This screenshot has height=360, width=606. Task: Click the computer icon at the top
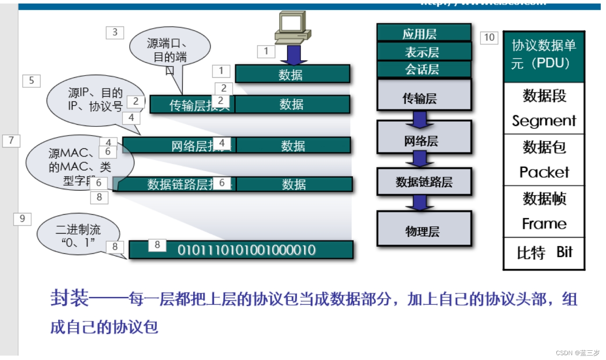[x=292, y=27]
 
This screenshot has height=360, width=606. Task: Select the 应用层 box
[x=423, y=33]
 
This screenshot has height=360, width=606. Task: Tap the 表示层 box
[x=423, y=51]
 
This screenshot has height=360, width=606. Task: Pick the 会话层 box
[x=423, y=69]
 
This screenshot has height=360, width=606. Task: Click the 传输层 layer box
[x=423, y=97]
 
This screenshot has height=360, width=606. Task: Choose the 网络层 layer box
[x=423, y=140]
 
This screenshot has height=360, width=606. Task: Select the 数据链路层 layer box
[x=423, y=182]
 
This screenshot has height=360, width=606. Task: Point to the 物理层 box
[x=423, y=231]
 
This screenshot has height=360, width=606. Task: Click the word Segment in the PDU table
[x=544, y=120]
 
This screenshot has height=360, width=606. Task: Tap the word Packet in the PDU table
[x=544, y=172]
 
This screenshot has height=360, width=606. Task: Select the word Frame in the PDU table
[x=544, y=224]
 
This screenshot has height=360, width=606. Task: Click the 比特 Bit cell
[x=544, y=253]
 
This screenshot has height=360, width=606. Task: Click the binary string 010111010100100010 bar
[x=246, y=250]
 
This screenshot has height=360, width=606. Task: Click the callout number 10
[x=489, y=38]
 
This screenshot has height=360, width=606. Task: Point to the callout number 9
[x=22, y=219]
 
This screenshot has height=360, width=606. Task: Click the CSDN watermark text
[x=577, y=353]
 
